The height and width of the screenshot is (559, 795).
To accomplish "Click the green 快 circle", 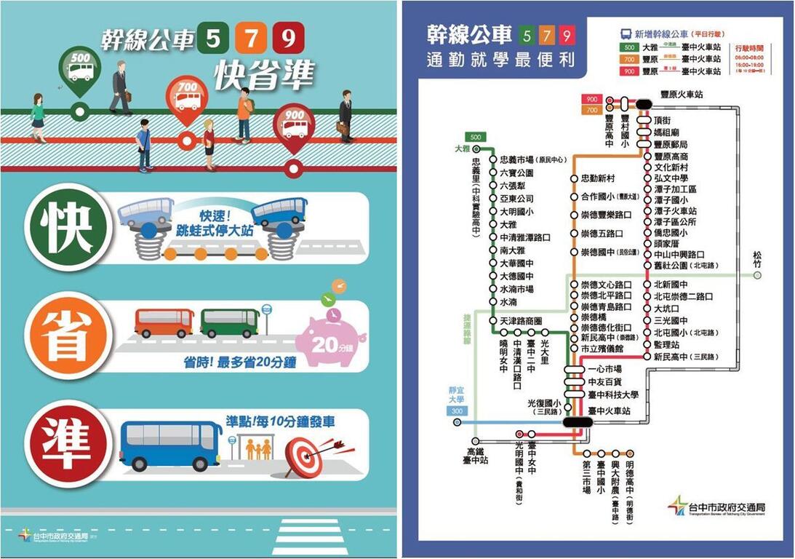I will point(67,229).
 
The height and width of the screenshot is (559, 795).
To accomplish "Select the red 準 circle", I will point(67,442).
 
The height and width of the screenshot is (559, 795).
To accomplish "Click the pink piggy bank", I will point(330,336).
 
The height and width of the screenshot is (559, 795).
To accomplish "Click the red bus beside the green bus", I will point(164,322).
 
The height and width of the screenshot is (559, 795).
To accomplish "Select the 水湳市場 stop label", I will point(516,289).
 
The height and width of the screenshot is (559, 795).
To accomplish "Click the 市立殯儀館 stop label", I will point(602,349).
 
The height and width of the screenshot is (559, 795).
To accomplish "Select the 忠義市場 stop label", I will point(533,160).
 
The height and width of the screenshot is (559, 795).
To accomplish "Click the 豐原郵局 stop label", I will point(671,144).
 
